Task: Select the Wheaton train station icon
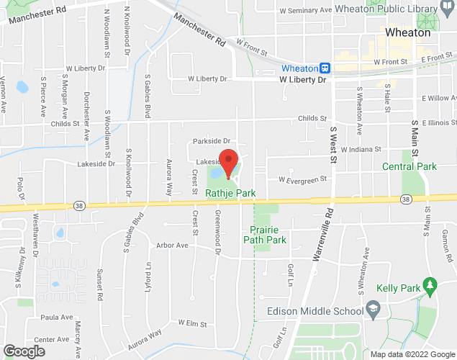point(325,68)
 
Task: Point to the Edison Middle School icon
point(374,310)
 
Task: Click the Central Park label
point(409,167)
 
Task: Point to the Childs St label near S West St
point(313,118)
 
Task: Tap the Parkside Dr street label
point(211,141)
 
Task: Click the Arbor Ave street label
point(172,246)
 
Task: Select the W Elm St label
point(194,324)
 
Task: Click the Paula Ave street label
point(58,317)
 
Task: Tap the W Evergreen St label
point(302,179)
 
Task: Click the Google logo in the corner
point(23,351)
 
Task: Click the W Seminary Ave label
point(305,11)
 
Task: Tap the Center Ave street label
point(51,339)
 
